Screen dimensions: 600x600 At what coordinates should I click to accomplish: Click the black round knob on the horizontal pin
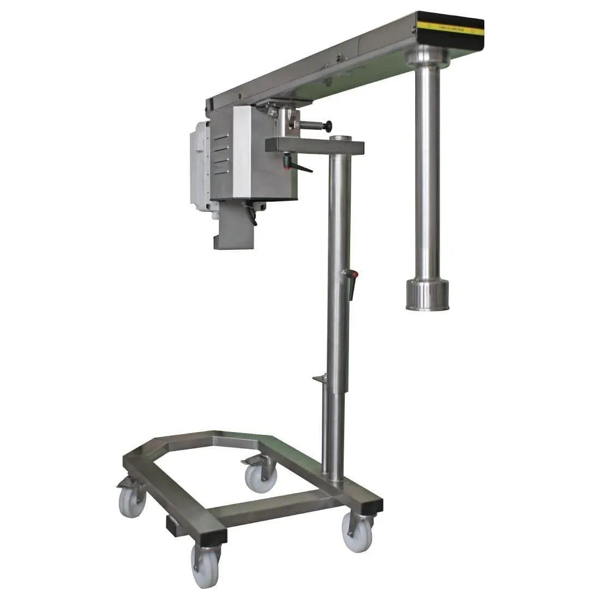point(328,127)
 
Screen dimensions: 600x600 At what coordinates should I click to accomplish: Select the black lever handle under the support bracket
point(299,166)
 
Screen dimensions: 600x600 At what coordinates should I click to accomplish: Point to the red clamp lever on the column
point(352,284)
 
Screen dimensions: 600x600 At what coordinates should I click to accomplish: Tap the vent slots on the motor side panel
point(221,155)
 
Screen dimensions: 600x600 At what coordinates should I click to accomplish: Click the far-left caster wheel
point(133,502)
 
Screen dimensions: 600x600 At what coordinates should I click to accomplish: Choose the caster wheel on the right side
point(357,532)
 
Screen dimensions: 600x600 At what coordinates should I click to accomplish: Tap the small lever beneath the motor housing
point(251,214)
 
